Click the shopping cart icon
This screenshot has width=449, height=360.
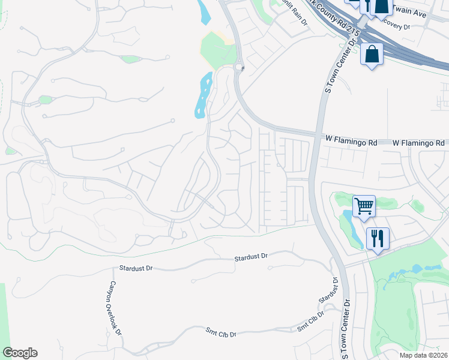[364, 206]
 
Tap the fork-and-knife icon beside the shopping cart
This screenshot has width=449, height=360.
[378, 238]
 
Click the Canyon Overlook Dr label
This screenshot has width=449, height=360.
[115, 308]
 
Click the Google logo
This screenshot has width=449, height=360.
[20, 352]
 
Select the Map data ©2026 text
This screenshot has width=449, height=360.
[423, 355]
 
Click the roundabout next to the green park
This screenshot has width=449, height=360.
[240, 67]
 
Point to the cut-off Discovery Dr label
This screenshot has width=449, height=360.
[397, 26]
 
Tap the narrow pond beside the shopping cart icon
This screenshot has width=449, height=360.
[352, 228]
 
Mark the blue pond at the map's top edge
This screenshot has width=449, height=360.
[204, 12]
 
